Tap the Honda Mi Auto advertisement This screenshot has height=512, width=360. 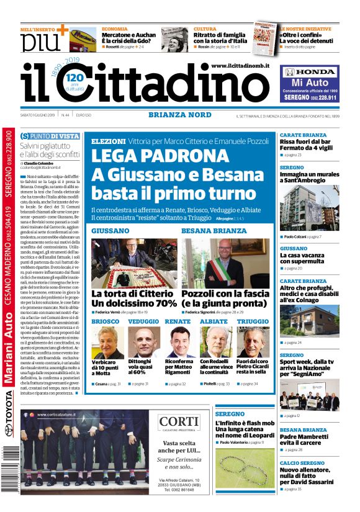click(309, 85)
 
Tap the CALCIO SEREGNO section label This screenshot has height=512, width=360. click(302, 463)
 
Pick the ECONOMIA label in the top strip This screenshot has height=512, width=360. click(115, 29)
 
